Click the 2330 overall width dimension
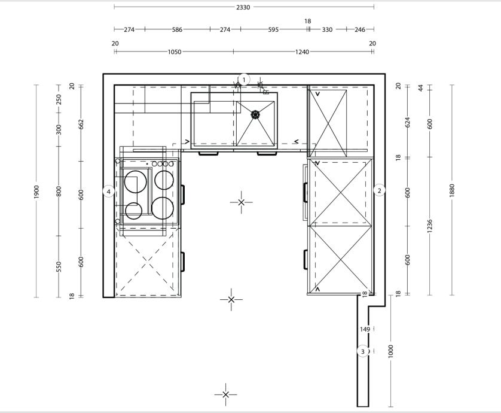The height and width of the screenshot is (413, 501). (x=243, y=7)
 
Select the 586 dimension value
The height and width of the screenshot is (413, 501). (x=177, y=29)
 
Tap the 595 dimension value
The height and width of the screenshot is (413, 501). (x=273, y=29)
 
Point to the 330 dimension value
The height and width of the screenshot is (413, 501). (x=327, y=29)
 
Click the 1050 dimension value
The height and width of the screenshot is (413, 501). (x=175, y=52)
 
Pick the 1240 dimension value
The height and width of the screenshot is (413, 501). (x=302, y=52)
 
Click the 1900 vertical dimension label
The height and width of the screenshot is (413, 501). (x=36, y=192)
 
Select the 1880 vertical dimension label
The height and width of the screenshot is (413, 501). (x=452, y=190)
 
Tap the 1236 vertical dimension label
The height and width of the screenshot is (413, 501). (x=430, y=226)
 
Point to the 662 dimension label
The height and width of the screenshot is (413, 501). (x=81, y=124)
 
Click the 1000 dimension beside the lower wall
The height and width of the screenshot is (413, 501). (x=390, y=351)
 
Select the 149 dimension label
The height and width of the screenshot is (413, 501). (x=365, y=329)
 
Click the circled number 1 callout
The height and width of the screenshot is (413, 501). (x=244, y=80)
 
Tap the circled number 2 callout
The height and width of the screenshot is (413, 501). (x=379, y=191)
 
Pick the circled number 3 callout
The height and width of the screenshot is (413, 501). (x=363, y=351)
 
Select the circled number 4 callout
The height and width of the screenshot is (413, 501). (x=109, y=192)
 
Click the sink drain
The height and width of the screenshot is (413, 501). (x=255, y=114)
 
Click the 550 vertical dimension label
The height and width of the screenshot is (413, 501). (x=59, y=267)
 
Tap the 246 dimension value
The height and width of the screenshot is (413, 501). (x=360, y=29)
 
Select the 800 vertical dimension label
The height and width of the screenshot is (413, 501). (x=59, y=192)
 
